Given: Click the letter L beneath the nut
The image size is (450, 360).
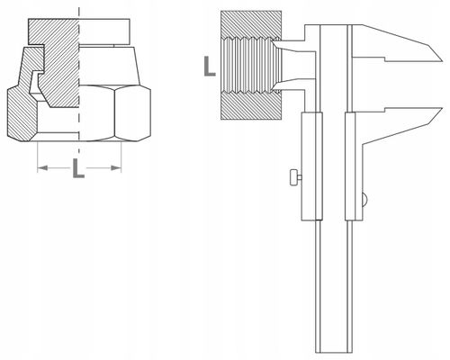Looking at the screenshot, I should [78, 169].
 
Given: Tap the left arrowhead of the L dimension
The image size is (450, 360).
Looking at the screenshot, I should [38, 167].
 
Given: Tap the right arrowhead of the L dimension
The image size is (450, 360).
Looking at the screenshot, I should [120, 167].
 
